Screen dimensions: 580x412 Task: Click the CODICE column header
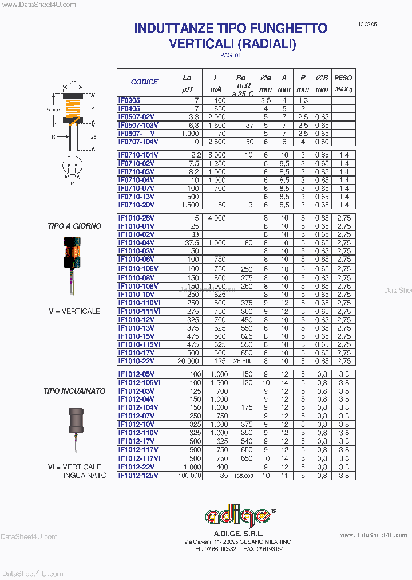[x=144, y=82]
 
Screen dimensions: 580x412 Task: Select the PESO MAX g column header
[x=343, y=82]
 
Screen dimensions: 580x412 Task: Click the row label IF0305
[x=129, y=100]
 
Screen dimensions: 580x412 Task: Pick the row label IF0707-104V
[x=138, y=142]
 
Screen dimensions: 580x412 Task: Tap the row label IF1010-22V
[x=136, y=361]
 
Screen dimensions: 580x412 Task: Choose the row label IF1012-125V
[x=138, y=475]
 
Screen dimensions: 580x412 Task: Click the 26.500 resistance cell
[x=241, y=361]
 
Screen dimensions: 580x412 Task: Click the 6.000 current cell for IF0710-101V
[x=217, y=155]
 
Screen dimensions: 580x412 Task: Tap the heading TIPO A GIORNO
[x=74, y=226]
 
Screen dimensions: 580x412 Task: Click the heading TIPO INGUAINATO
[x=74, y=391]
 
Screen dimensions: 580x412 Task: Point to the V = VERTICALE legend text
[x=74, y=311]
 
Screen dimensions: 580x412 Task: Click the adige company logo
[x=240, y=516]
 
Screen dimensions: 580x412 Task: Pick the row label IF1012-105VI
[x=139, y=382]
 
